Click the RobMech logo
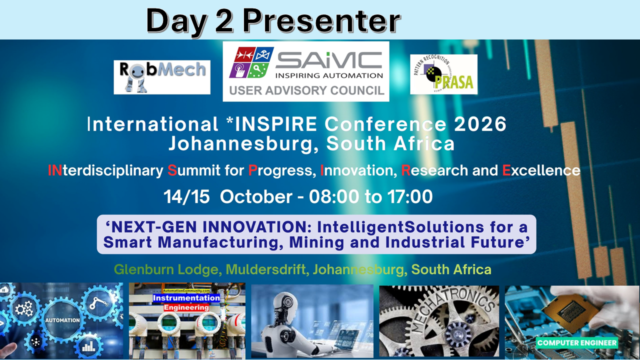(162, 77)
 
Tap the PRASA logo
(443, 74)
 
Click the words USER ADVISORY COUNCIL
(306, 90)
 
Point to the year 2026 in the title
(480, 124)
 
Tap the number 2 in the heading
(224, 21)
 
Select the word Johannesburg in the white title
(243, 143)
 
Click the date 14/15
(186, 196)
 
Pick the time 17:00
(410, 196)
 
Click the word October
(256, 196)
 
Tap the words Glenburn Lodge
(166, 269)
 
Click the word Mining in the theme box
(316, 242)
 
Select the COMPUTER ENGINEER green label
(577, 342)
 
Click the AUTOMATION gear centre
(62, 320)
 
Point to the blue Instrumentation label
(186, 298)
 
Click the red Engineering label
(186, 307)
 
